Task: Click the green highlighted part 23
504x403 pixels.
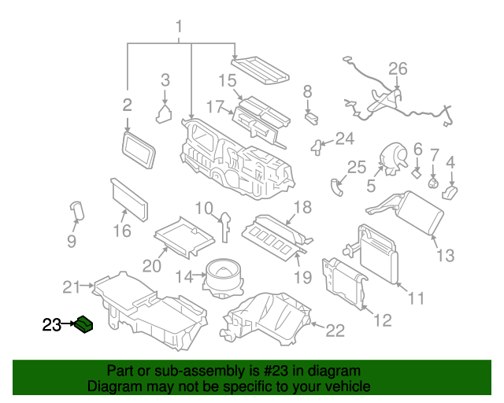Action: (x=84, y=324)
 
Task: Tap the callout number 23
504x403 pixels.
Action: (x=51, y=324)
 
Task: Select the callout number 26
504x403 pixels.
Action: (x=398, y=68)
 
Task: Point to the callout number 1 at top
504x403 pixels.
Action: (x=179, y=28)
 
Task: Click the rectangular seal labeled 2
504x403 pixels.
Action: (x=138, y=150)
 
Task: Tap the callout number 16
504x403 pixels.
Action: (x=121, y=231)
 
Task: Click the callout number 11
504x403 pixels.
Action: (x=416, y=298)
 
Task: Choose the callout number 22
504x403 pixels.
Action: (x=335, y=331)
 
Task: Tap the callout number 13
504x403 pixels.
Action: (x=446, y=255)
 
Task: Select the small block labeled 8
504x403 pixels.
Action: (x=311, y=117)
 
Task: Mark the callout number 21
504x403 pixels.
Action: (x=72, y=287)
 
